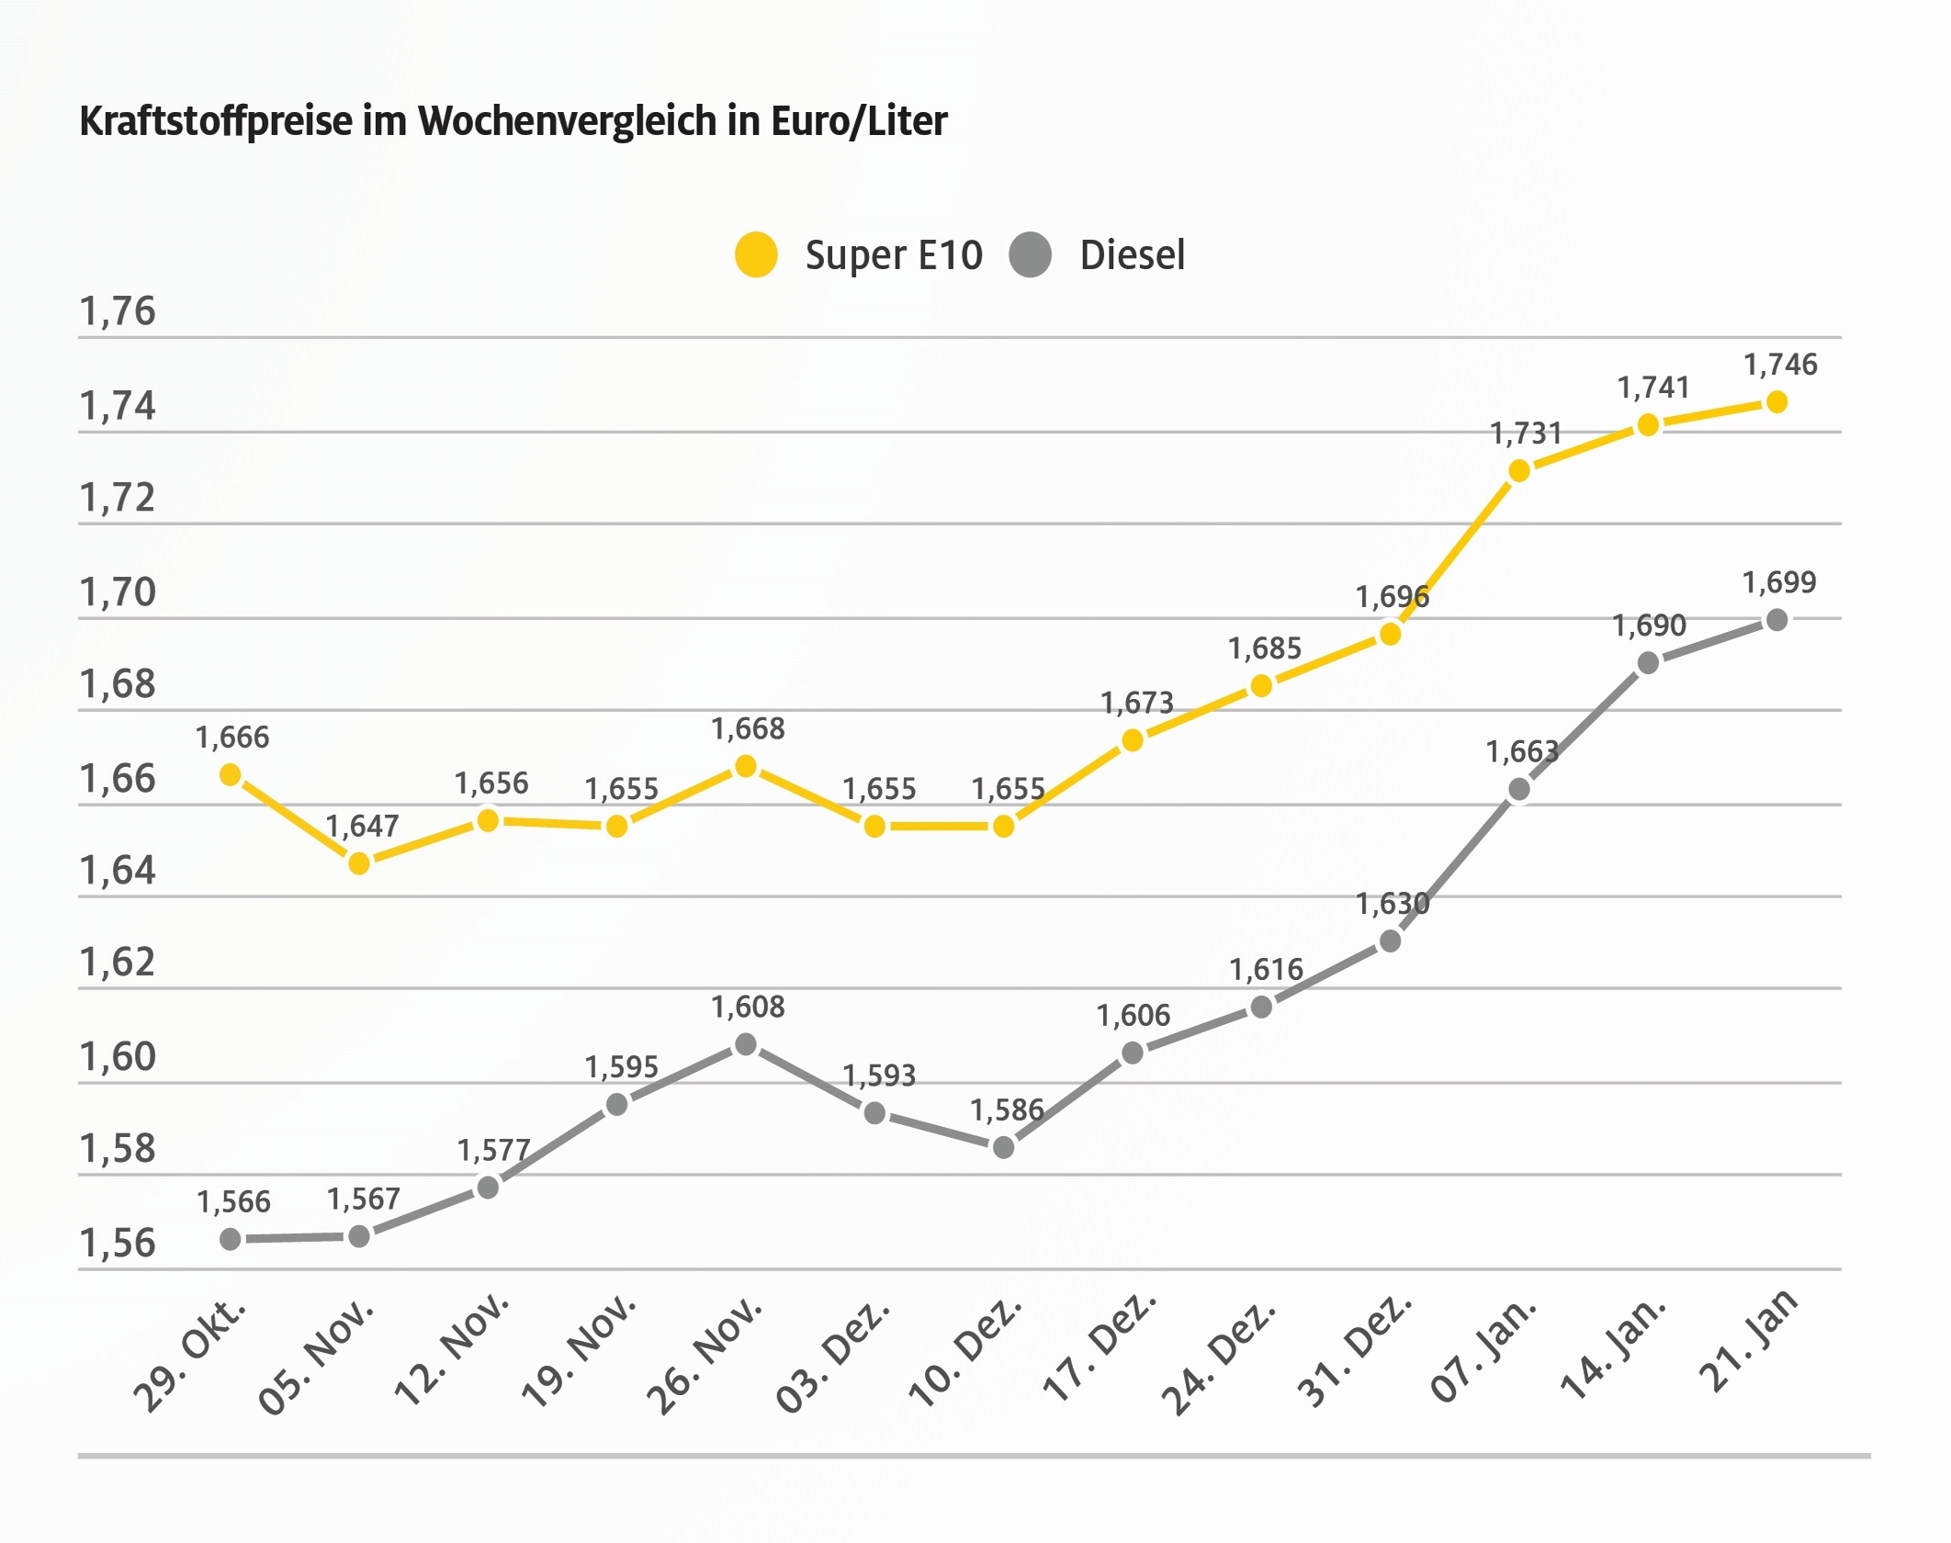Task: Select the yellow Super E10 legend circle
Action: click(756, 254)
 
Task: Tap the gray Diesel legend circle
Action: click(1030, 254)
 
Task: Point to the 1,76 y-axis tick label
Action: click(118, 312)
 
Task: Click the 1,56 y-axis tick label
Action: click(118, 1244)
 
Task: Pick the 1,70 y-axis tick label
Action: click(118, 593)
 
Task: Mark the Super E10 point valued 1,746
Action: click(1776, 402)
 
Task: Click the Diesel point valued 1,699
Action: click(1776, 620)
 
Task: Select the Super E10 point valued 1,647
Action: click(359, 863)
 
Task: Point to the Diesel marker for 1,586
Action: click(1004, 1147)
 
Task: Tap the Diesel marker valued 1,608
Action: click(746, 1044)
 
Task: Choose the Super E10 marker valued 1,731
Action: click(1519, 471)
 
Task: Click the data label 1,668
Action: click(748, 729)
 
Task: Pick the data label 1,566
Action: click(233, 1201)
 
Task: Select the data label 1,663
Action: click(1522, 752)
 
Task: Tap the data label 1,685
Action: click(1265, 648)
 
